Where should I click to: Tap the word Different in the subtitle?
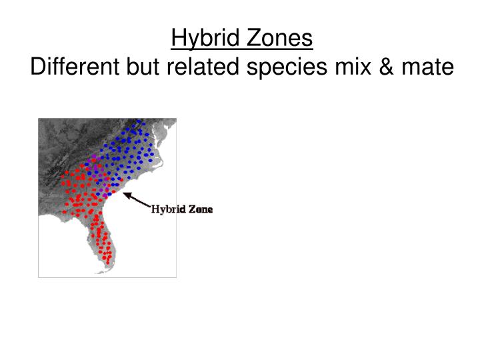[x=74, y=67]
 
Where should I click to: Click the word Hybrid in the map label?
[x=167, y=209]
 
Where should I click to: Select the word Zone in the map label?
[x=200, y=209]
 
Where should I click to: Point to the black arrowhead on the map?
[x=127, y=195]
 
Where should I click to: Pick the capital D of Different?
[x=39, y=67]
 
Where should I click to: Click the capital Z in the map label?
[x=192, y=209]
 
